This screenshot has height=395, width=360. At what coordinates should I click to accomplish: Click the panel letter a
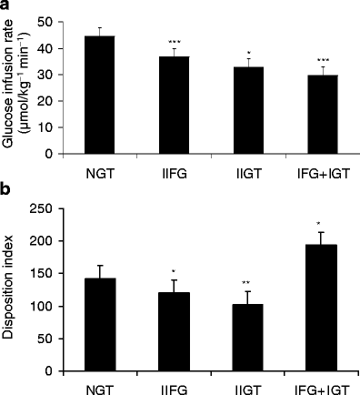pos(6,7)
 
